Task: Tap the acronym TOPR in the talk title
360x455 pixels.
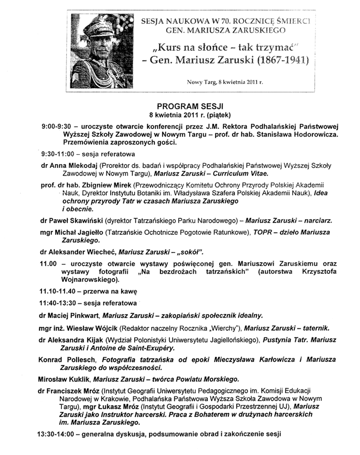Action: pos(260,233)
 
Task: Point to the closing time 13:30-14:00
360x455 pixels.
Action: pos(58,434)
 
